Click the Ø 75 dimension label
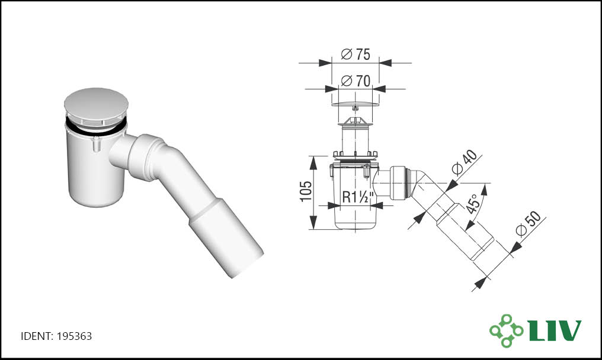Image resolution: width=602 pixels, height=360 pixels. (356, 54)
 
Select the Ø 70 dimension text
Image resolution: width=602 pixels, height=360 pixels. (356, 81)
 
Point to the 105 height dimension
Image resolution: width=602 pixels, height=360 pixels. (305, 191)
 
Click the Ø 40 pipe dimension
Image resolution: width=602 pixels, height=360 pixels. (465, 162)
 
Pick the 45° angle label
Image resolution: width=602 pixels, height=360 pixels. (473, 204)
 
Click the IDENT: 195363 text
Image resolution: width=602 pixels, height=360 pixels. (56, 336)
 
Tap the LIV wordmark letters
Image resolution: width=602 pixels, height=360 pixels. (555, 330)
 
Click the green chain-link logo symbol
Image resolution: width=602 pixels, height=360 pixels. (507, 330)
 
